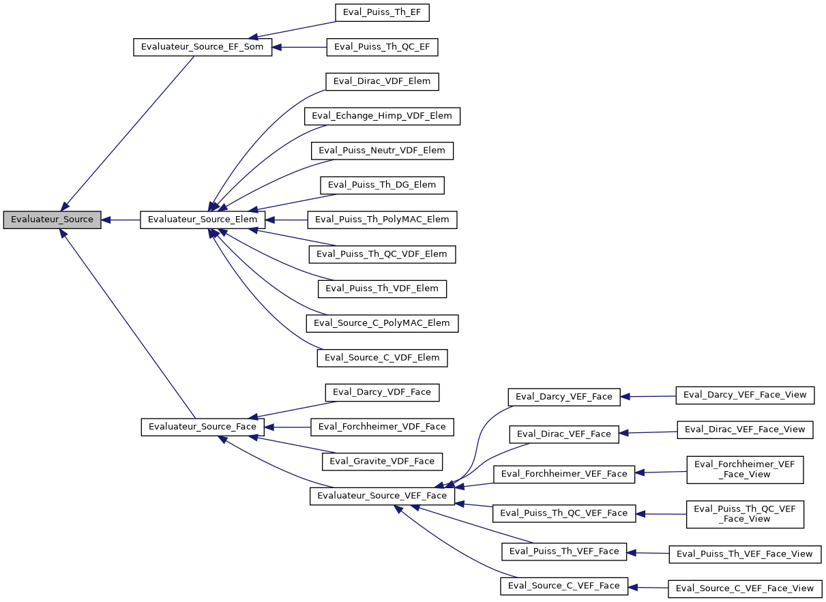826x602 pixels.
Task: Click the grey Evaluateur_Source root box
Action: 52,220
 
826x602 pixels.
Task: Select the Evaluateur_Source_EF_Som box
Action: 202,47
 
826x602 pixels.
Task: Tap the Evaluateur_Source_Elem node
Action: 203,220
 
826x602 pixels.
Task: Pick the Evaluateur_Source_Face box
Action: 202,427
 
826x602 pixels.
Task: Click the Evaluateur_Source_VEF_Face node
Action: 382,496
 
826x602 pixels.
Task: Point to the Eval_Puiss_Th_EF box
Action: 382,12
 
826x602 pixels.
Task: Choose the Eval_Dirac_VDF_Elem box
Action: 382,82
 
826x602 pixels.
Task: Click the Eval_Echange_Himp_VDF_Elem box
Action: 382,116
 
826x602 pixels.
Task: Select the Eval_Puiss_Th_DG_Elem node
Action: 382,185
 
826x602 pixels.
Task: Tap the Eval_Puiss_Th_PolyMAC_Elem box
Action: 382,220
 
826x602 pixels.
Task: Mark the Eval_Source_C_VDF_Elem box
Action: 382,358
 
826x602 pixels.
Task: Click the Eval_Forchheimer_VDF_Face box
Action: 382,427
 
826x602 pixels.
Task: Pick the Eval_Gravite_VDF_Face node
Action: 382,462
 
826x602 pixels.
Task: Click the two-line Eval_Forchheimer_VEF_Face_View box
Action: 745,470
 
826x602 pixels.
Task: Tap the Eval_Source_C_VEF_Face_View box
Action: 745,588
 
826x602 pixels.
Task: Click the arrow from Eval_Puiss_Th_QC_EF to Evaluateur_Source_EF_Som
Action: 300,47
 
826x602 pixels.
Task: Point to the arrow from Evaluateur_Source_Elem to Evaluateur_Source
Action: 121,220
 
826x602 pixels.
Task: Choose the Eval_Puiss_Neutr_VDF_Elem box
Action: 382,151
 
